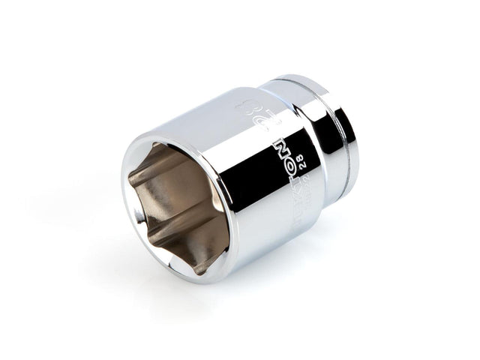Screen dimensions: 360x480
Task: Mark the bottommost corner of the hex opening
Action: tap(196, 262)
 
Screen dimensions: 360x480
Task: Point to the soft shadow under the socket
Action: tap(247, 285)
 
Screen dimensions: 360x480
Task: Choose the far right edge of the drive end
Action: tap(358, 142)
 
